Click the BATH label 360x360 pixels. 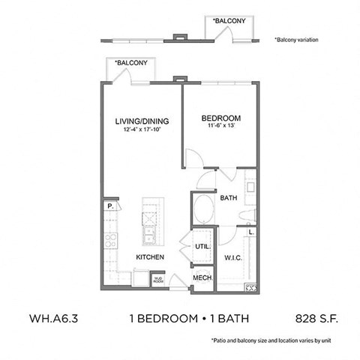click(x=229, y=198)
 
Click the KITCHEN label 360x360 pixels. click(x=149, y=257)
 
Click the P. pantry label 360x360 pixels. click(x=109, y=204)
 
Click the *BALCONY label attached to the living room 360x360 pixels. click(x=130, y=63)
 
